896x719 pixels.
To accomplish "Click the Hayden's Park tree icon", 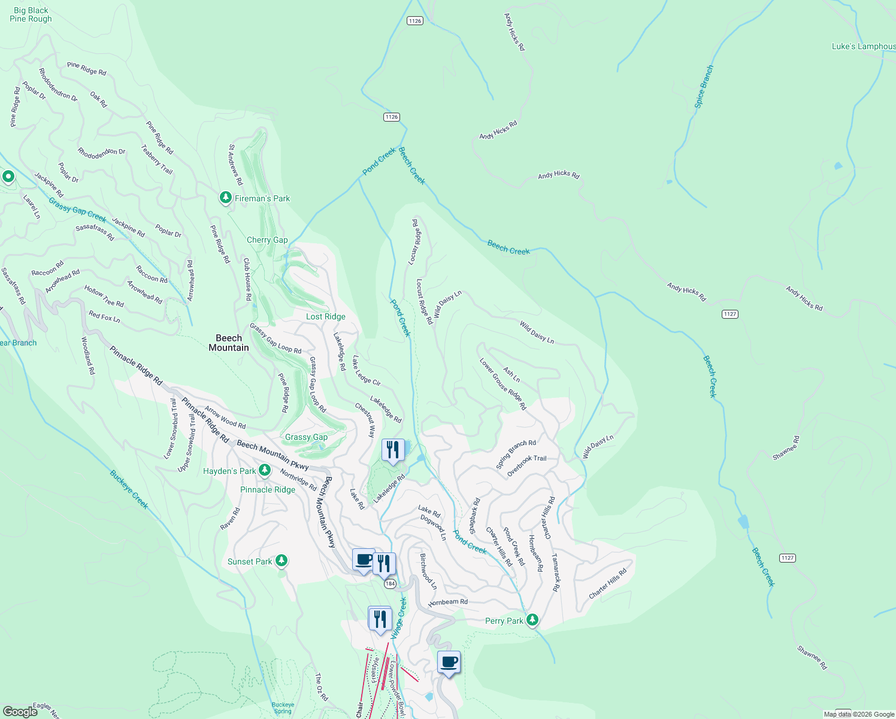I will [265, 470].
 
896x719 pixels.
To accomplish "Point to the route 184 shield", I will [391, 584].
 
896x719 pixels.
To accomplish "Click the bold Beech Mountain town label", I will [229, 343].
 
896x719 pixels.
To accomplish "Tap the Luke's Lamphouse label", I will [863, 46].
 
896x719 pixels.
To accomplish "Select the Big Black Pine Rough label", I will [31, 14].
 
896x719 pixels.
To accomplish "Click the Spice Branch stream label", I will [704, 87].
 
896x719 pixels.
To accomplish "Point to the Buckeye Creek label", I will [129, 490].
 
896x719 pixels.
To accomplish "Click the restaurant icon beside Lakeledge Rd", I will [393, 449].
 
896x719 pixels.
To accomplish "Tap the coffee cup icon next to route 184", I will [364, 560].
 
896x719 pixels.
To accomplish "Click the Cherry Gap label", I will [267, 240].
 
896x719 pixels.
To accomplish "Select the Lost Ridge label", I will [326, 316].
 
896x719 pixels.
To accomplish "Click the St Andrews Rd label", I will [235, 164].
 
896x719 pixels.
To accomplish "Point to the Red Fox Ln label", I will [104, 316].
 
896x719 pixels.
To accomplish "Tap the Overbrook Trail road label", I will [526, 466].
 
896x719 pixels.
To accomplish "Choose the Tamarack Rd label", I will [556, 572].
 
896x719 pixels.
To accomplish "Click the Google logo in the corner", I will [20, 711].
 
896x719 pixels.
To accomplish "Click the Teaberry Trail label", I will [157, 159].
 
